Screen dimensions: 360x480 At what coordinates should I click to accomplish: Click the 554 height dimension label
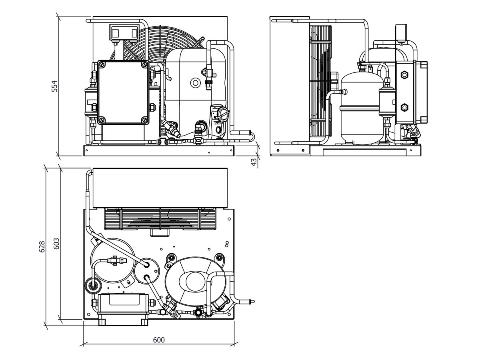click(55, 86)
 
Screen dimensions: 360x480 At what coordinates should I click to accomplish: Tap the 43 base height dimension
click(254, 162)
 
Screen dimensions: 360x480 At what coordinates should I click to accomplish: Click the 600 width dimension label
click(159, 340)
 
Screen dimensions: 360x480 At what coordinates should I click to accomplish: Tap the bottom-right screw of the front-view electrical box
click(145, 119)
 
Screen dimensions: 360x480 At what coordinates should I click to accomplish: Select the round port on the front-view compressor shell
click(196, 83)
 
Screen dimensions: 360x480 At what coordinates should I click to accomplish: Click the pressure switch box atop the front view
click(124, 32)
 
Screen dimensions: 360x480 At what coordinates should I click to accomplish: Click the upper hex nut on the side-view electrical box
click(405, 75)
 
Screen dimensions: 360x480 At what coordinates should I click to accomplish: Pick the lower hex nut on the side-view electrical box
click(405, 107)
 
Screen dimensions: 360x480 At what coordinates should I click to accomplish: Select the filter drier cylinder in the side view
click(386, 103)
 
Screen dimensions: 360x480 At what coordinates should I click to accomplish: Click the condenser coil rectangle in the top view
click(160, 188)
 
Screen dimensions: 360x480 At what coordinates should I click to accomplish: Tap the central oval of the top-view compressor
click(196, 281)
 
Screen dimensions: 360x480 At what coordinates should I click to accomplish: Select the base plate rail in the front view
click(159, 151)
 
